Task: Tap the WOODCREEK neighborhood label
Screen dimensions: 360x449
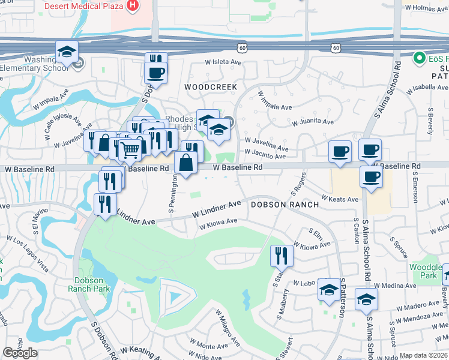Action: [207, 87]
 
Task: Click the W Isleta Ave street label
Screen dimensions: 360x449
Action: [223, 62]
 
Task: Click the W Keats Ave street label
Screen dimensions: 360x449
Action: [339, 199]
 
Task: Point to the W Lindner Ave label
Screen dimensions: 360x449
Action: [216, 209]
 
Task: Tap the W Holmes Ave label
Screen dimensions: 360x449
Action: [427, 8]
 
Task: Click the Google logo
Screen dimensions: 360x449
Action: [20, 353]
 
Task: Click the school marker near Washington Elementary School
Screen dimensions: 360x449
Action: [67, 52]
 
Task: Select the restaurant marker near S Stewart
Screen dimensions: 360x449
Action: [281, 256]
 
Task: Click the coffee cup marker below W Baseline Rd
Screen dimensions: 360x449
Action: [371, 177]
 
